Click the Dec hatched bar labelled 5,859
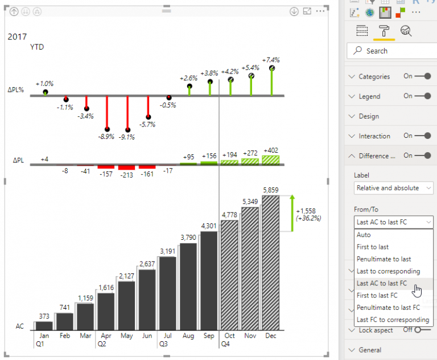click(271, 262)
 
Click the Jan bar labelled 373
click(44, 325)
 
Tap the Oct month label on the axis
click(230, 336)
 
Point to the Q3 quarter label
click(163, 344)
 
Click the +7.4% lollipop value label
click(271, 60)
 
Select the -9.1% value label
click(127, 137)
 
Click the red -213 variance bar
click(127, 167)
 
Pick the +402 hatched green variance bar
click(271, 160)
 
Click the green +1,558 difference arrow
click(292, 214)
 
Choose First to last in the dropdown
click(373, 247)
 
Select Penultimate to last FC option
click(388, 308)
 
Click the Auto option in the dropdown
click(364, 235)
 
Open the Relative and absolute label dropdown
click(393, 187)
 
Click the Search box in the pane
click(393, 51)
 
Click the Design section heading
click(369, 116)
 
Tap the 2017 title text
click(17, 36)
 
